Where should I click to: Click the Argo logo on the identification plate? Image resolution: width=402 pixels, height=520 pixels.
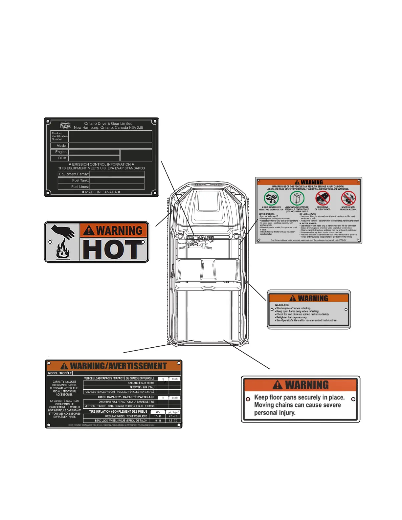coord(65,125)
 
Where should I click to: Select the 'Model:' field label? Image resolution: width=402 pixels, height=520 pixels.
coord(62,145)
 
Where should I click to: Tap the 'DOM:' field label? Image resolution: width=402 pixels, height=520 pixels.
coord(63,158)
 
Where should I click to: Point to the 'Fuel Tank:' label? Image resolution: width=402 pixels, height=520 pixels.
coord(80,180)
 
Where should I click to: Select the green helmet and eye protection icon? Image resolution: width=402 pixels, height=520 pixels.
coord(271,198)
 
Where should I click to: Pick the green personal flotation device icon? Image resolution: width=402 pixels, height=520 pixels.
coord(297,198)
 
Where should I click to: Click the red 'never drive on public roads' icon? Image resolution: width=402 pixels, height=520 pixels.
coord(323,198)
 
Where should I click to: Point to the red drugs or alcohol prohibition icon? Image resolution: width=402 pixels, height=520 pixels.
coord(348,198)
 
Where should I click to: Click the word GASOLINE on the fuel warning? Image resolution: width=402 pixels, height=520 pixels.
coord(282,305)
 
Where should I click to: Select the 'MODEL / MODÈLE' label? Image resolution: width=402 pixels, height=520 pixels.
coord(60,373)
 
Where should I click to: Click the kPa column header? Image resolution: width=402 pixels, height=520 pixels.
coord(158,412)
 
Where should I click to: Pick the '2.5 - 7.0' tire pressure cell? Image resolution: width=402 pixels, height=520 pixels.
coord(173,416)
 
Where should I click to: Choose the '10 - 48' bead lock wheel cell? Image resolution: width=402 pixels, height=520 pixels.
coord(158,421)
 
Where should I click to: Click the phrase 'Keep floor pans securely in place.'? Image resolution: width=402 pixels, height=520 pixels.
coord(299,397)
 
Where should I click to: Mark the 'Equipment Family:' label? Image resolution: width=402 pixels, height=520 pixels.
coord(74,174)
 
